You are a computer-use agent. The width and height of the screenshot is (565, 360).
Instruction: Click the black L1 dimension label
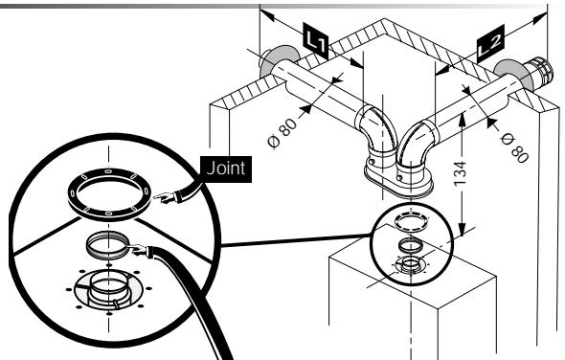click(x=316, y=41)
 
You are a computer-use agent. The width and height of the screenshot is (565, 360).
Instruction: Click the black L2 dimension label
click(x=490, y=43)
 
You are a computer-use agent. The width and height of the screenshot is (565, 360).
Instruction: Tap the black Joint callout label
click(x=226, y=169)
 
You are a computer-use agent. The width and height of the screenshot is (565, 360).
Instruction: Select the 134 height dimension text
click(x=461, y=174)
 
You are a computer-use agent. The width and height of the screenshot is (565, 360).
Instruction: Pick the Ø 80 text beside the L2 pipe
click(x=515, y=147)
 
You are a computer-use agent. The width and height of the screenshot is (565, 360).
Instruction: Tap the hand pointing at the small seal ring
click(x=138, y=249)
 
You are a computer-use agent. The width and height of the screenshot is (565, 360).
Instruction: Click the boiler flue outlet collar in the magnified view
click(x=108, y=288)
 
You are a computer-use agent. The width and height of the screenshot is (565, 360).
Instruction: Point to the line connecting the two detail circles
click(x=296, y=240)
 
